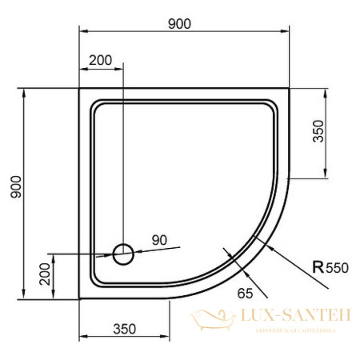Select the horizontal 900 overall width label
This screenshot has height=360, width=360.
pos(180,23)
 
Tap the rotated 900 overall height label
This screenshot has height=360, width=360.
pos(17,190)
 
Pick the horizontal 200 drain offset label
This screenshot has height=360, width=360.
pos(100,61)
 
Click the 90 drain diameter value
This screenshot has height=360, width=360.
pos(159,240)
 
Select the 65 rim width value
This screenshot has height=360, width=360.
pos(246,292)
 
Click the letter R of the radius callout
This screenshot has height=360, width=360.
pos(318,269)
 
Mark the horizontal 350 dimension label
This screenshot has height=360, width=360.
pos(124,329)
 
